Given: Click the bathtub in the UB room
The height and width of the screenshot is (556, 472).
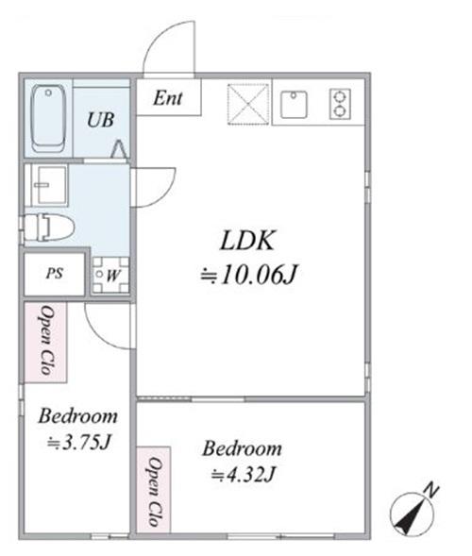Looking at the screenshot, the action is pos(48,118).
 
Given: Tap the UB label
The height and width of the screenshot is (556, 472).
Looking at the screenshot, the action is pos(100,120).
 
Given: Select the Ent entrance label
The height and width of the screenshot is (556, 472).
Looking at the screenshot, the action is pos(168,98).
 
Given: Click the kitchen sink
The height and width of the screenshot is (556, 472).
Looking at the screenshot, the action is pos(294,104).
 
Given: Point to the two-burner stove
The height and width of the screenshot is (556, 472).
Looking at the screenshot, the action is pos(340,104).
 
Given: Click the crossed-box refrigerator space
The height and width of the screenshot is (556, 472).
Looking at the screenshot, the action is pos(248,104).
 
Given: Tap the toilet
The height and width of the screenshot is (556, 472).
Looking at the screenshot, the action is pos(49,227).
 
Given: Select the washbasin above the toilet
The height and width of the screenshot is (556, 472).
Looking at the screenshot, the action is pos(49,185).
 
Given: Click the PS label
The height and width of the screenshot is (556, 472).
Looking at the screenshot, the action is pos(54,274).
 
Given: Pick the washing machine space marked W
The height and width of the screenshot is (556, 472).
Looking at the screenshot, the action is pos(110,275).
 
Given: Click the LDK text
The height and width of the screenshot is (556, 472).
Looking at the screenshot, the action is pos(247,241).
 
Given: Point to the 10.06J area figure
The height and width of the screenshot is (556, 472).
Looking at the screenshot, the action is pos(248,275).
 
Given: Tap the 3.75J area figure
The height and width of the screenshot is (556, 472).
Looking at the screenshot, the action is pos(79,443).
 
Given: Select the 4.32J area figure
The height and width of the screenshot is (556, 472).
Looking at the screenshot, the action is pos(244,474).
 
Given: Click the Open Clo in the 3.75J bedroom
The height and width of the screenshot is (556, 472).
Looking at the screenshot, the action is pos(46,340).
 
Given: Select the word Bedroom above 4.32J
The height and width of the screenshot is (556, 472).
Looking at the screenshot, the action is pos(243,448).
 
